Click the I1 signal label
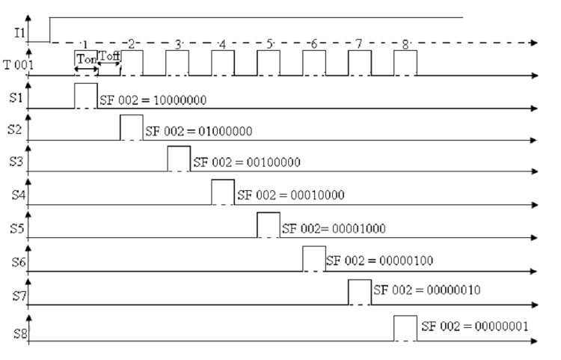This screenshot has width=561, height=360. tap(14, 34)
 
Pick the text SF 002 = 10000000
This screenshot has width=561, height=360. tap(153, 100)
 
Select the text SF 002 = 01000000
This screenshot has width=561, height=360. tap(198, 131)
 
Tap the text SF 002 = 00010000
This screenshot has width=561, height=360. tap(290, 195)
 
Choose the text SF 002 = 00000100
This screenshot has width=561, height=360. tap(380, 260)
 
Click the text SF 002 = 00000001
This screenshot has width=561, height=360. tap(475, 327)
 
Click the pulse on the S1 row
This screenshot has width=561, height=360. tap(86, 96)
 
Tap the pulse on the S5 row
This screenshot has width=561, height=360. tap(269, 225)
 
